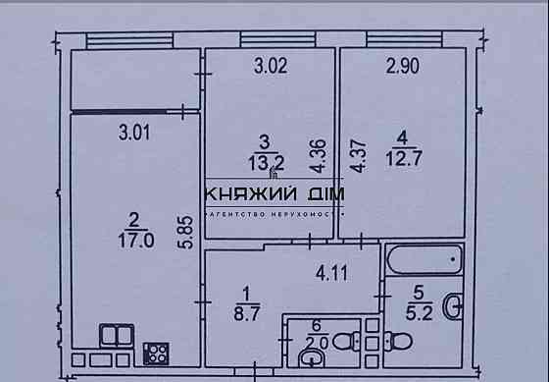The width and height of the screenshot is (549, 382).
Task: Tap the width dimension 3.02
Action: [271, 68]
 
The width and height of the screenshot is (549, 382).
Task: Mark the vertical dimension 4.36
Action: [316, 154]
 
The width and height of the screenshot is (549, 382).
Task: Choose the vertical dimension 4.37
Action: [358, 157]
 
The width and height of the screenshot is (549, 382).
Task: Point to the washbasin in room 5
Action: [453, 306]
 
